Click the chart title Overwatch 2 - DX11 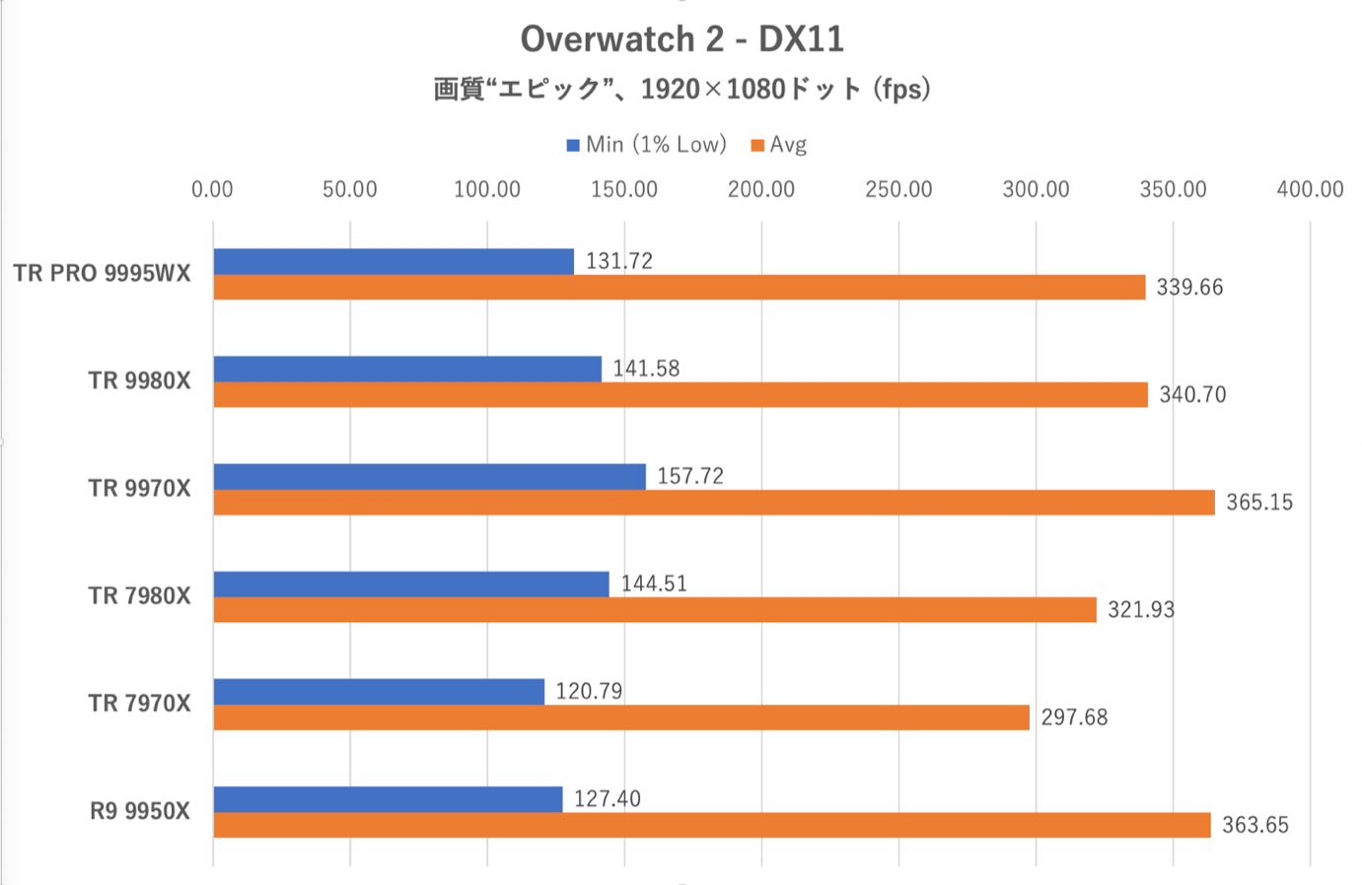[681, 39]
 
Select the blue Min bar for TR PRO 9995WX [393, 261]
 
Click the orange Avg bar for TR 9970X [713, 503]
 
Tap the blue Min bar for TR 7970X [378, 692]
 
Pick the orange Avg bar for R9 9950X [711, 825]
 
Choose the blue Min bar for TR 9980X [406, 369]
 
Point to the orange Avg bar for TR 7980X [654, 610]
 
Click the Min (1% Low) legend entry [646, 145]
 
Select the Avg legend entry [779, 145]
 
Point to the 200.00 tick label [760, 189]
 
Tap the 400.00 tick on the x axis [1309, 189]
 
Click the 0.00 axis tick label [212, 189]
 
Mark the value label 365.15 [1258, 503]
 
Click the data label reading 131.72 [618, 261]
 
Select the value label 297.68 [1074, 717]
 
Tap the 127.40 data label [607, 799]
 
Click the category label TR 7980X [139, 596]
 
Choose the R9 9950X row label [139, 811]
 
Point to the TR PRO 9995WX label [102, 274]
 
